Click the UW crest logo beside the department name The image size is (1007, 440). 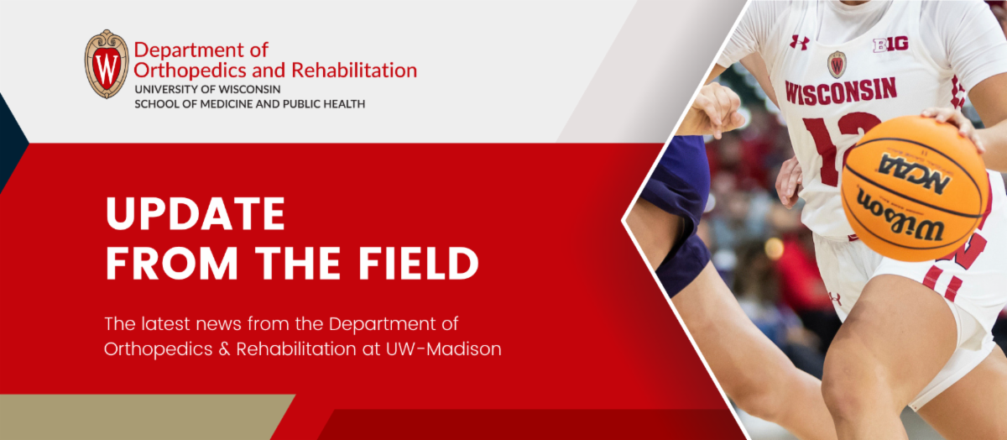pyautogui.click(x=107, y=64)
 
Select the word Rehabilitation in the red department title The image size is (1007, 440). pyautogui.click(x=354, y=70)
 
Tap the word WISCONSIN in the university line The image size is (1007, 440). pyautogui.click(x=243, y=89)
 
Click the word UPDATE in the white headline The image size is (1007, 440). pyautogui.click(x=196, y=214)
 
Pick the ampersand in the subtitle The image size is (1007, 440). pyautogui.click(x=224, y=349)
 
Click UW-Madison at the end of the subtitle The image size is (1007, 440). pyautogui.click(x=443, y=349)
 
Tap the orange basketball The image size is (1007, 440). pyautogui.click(x=915, y=188)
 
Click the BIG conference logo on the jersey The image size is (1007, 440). pyautogui.click(x=890, y=45)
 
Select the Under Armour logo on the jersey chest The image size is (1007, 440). pyautogui.click(x=799, y=42)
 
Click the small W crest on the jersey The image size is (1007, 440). pyautogui.click(x=837, y=65)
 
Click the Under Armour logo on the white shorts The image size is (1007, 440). pyautogui.click(x=835, y=298)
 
